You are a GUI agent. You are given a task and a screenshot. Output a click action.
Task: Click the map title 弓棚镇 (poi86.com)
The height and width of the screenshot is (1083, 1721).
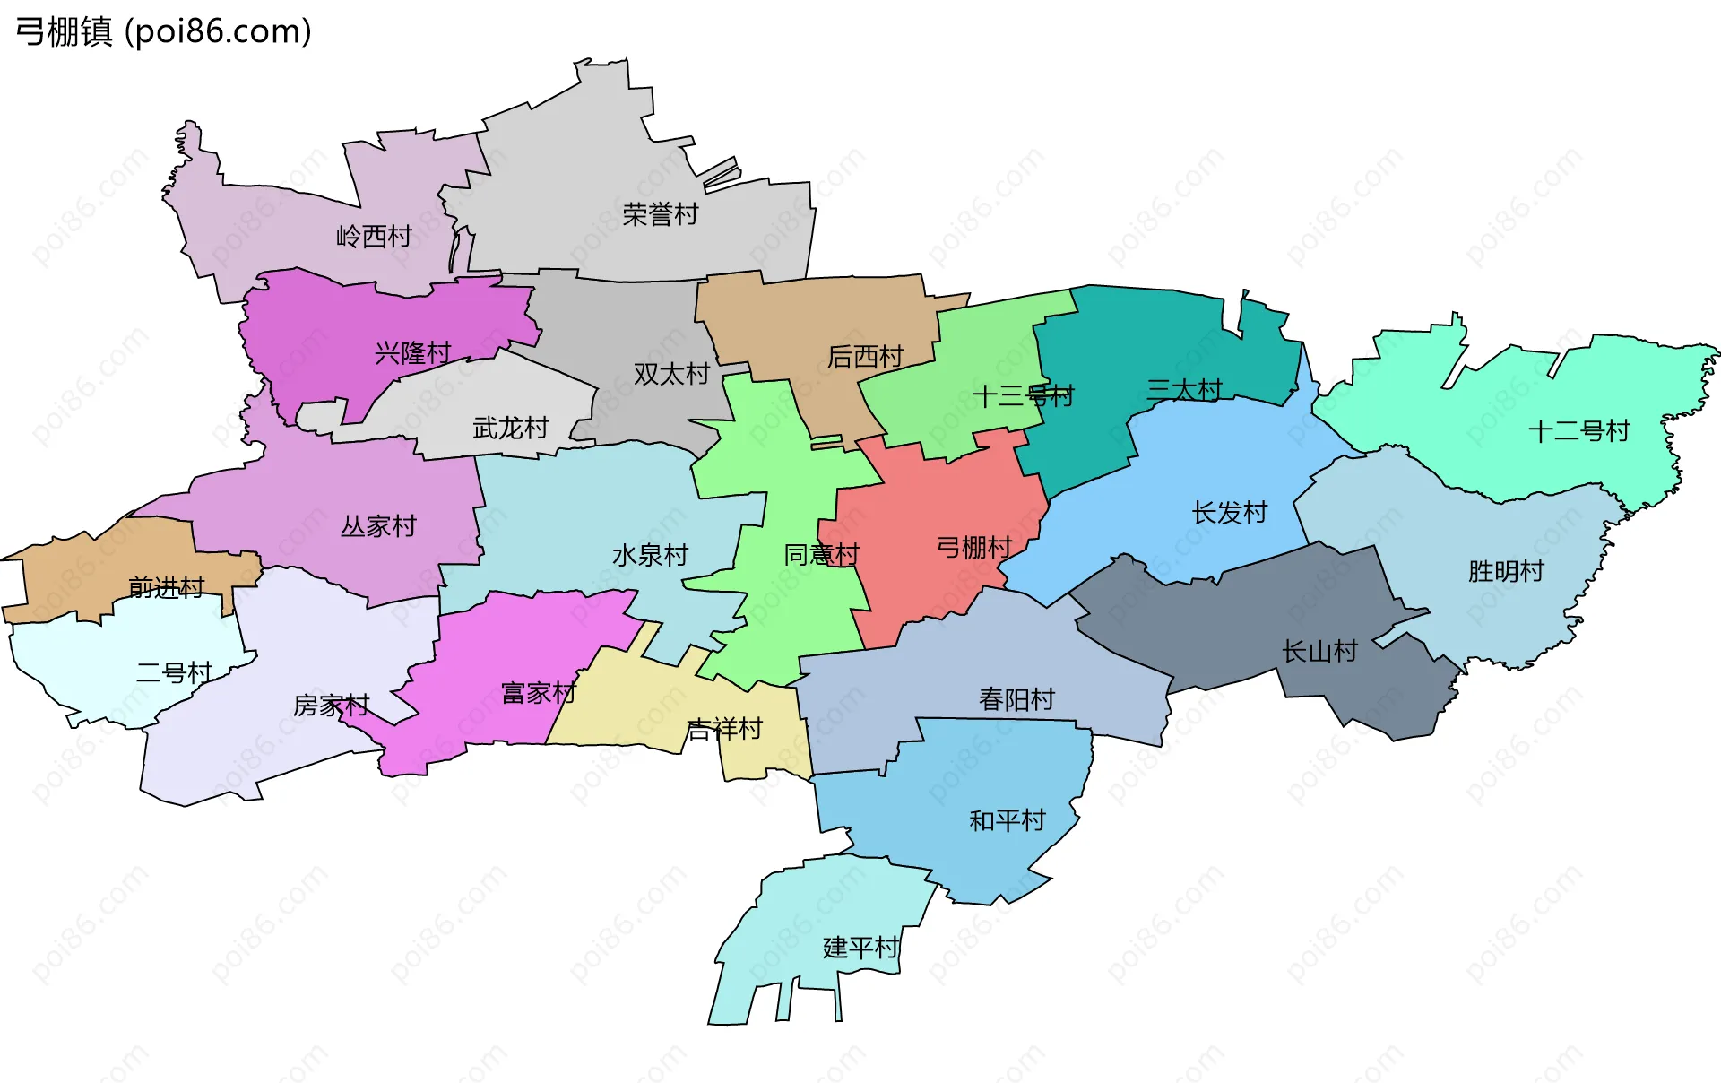164,31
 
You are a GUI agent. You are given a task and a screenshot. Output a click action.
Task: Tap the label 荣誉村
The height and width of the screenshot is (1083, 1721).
660,214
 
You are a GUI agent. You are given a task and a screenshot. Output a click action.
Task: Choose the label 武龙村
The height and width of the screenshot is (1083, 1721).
510,428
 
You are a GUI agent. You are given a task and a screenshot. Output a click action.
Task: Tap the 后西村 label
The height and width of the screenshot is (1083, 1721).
865,357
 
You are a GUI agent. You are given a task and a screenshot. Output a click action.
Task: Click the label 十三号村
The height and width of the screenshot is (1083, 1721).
1023,395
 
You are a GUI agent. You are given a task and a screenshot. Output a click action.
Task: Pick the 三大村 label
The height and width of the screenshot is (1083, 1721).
1184,389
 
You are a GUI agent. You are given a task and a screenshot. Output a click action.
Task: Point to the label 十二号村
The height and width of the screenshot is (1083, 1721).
1578,431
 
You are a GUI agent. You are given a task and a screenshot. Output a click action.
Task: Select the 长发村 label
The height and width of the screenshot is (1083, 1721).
1229,513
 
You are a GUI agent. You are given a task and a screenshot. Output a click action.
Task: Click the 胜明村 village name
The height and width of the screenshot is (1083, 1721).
1506,571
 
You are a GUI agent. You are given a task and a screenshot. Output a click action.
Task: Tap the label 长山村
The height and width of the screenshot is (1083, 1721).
1319,651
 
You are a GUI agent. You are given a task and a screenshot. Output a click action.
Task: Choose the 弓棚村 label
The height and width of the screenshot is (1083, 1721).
974,547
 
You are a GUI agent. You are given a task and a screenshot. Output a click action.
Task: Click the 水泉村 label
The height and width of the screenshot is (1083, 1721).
650,555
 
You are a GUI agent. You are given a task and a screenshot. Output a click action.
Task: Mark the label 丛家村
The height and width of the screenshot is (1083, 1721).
378,525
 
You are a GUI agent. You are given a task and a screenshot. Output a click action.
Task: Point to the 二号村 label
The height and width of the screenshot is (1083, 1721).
174,672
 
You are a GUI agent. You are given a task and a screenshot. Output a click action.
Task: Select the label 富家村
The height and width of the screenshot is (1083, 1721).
538,693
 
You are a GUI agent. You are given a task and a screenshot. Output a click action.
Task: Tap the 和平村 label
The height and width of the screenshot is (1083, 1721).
1008,820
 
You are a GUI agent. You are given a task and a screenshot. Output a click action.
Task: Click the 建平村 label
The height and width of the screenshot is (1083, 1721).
860,947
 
